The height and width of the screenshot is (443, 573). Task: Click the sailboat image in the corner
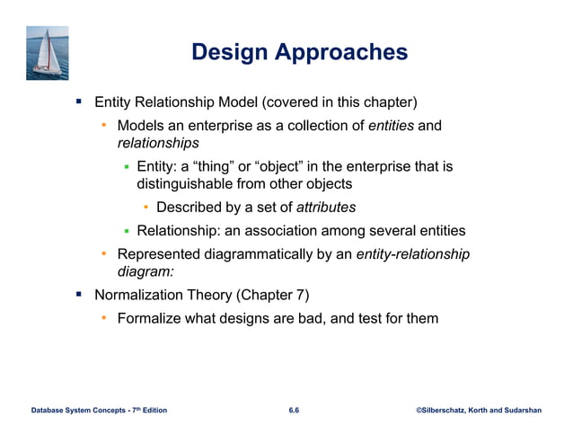[47, 53]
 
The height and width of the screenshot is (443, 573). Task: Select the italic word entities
[391, 125]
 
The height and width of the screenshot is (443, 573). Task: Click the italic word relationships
[158, 142]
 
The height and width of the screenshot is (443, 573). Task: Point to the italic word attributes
[326, 208]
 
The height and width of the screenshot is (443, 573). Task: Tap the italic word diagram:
[145, 271]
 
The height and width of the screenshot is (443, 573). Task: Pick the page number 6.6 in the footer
[294, 410]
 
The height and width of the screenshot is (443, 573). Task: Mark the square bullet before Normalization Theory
[79, 294]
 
